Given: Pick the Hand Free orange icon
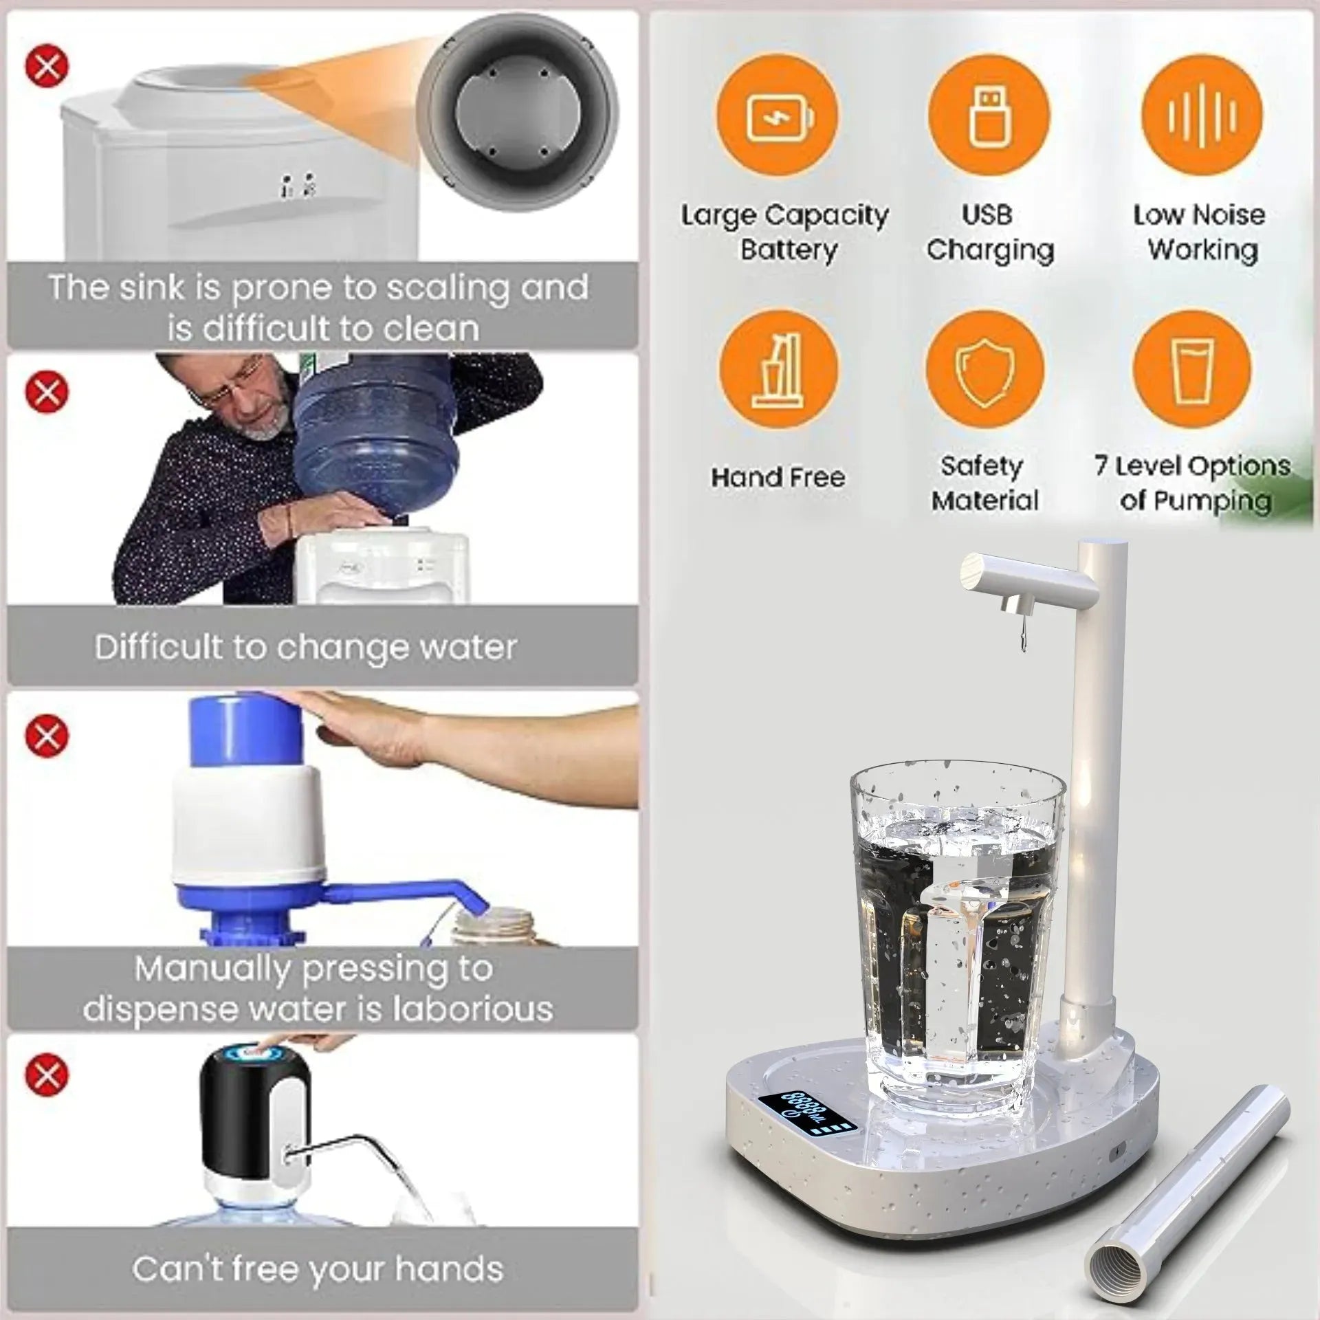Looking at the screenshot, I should coord(778,371).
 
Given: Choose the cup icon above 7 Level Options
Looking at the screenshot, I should coord(1192,371).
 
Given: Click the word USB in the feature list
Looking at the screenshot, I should coord(987,214).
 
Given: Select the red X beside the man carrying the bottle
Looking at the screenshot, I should coord(47,392).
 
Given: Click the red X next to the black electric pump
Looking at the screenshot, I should coord(47,1075).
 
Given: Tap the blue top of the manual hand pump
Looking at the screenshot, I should coord(246,730).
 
